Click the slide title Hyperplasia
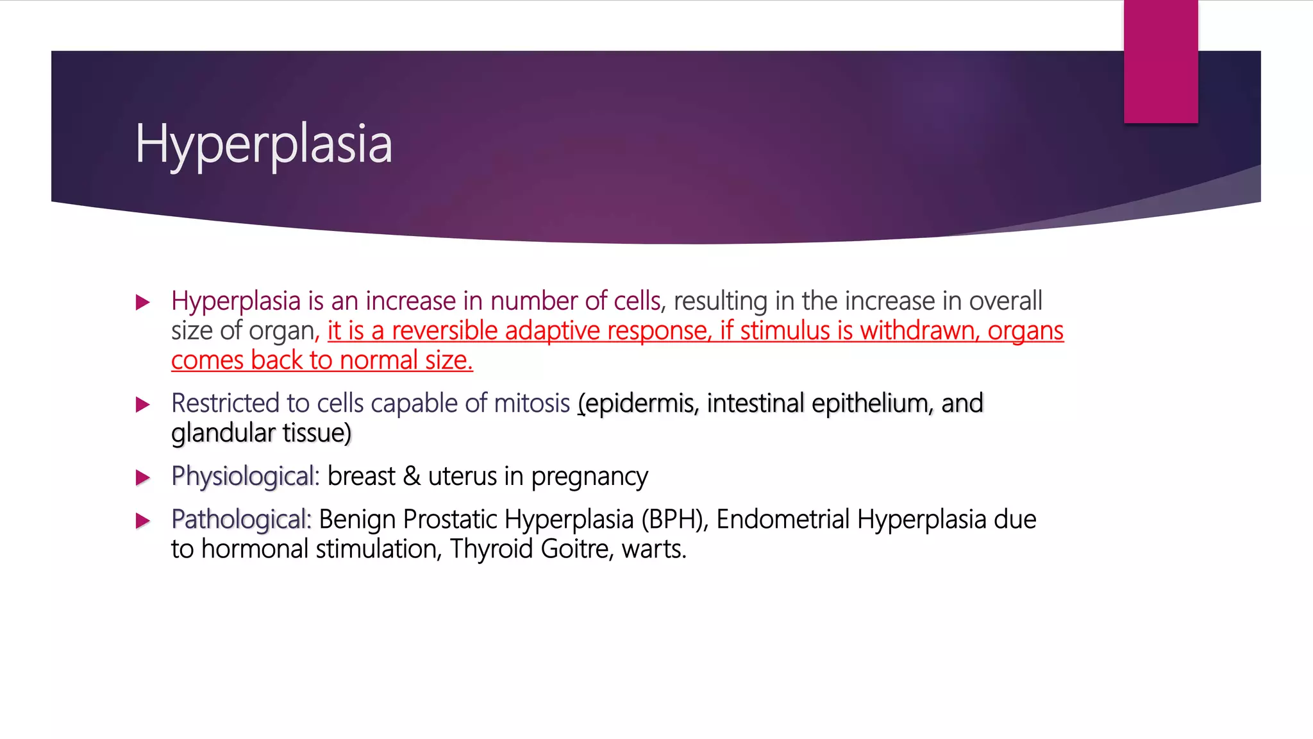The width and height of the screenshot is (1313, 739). tap(263, 144)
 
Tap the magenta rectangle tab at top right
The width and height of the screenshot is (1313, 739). tap(1160, 61)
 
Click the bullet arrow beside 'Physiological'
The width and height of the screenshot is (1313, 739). tap(143, 477)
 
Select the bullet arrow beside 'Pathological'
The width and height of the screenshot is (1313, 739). tap(143, 520)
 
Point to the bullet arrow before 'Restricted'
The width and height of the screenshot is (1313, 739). tap(143, 404)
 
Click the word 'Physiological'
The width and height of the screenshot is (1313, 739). tap(244, 477)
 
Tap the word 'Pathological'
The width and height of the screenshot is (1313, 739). tap(240, 520)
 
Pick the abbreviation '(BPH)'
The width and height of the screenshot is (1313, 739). tap(674, 520)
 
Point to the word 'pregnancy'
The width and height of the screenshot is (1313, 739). tap(589, 477)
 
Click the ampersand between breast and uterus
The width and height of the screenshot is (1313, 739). tap(412, 477)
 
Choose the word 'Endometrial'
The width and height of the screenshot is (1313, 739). tap(783, 520)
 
